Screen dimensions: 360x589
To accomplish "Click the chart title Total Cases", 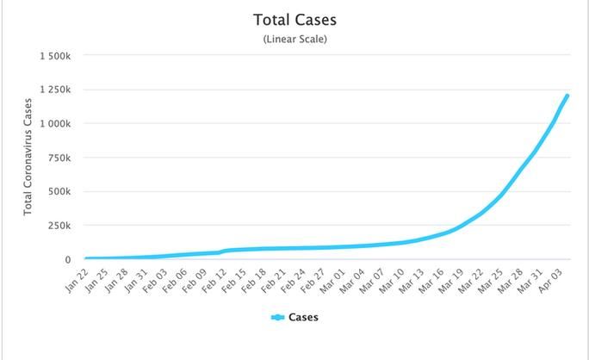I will (294, 19).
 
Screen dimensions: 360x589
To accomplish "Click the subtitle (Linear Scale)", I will (294, 39).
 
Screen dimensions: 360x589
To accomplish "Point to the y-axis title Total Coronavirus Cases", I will (28, 157).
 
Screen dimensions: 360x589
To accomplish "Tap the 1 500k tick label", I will (53, 56).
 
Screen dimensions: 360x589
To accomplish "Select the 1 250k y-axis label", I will (53, 90).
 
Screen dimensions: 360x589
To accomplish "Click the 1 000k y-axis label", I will (53, 123).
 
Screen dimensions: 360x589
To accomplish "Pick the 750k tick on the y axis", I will (59, 158).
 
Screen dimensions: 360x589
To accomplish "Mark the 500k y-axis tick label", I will (59, 191).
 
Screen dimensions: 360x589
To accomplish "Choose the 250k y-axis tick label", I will (59, 225).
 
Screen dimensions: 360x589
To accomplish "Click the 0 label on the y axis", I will (68, 259).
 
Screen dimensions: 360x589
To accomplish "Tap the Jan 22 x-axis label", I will (76, 281).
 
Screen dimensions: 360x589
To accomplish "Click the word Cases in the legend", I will (303, 317).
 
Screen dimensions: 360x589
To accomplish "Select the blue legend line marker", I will (277, 317).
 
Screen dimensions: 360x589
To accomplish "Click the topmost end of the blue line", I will (567, 96).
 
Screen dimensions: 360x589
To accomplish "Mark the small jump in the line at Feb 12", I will (222, 251).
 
